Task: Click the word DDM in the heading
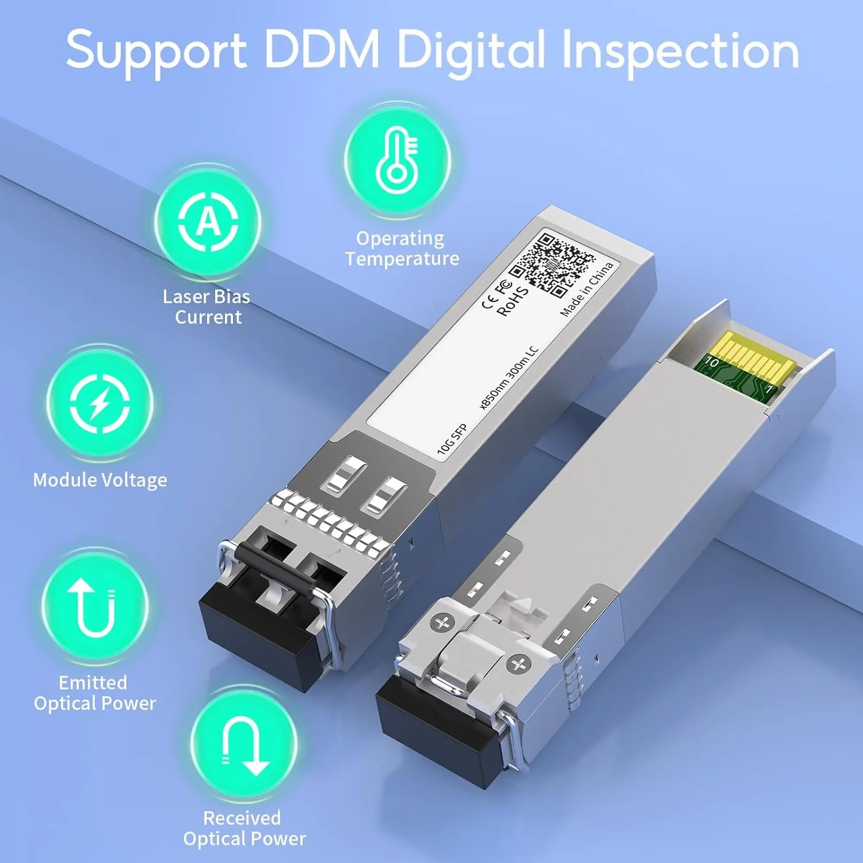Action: [322, 49]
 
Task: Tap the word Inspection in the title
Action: [680, 52]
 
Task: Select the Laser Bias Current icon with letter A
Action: [208, 221]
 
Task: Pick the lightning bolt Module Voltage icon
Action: [100, 402]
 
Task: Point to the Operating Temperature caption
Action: [402, 249]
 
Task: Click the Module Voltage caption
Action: [100, 480]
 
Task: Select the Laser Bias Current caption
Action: [207, 307]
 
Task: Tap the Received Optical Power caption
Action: [244, 828]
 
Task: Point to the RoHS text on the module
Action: [512, 301]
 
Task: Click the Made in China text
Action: [587, 289]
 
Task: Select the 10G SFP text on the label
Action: [452, 440]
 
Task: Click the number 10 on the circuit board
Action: [712, 362]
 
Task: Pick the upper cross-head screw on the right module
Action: [443, 623]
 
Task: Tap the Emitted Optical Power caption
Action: [95, 693]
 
